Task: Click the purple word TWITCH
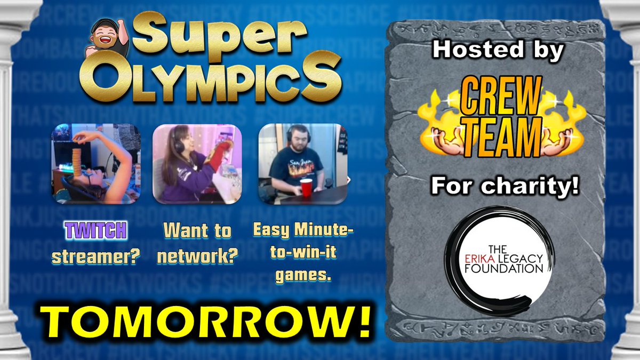pos(95,230)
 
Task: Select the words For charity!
pos(504,188)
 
